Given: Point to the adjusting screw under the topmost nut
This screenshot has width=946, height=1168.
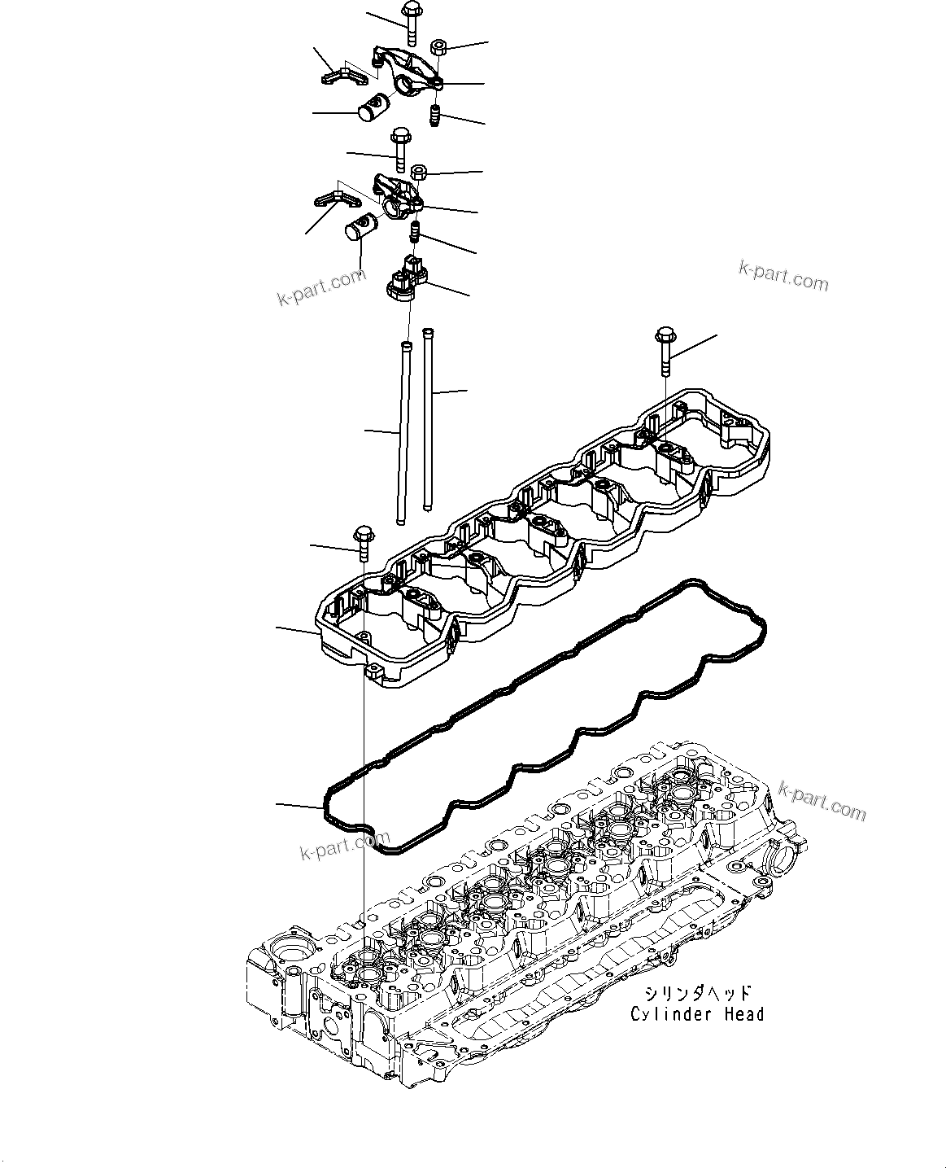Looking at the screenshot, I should point(435,116).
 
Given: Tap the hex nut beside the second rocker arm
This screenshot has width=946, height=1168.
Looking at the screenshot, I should point(419,172).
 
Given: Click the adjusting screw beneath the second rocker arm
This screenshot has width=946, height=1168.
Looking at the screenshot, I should point(414,232).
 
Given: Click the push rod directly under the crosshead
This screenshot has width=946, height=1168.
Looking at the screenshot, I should point(402,431).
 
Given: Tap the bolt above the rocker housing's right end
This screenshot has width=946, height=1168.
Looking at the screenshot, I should point(664,350).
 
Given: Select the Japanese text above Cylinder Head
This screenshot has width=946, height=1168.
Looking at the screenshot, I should point(698,994).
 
